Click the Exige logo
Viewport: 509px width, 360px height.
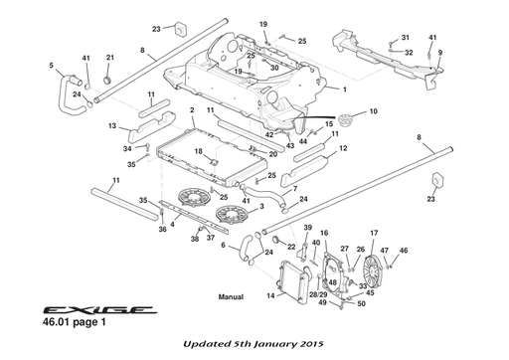tap(99, 310)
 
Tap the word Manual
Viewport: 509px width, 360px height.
tap(231, 297)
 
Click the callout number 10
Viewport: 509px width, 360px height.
tap(374, 111)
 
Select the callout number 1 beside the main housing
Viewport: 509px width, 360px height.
tap(345, 90)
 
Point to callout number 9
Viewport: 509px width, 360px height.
tap(440, 53)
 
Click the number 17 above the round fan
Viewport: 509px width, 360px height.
tap(374, 233)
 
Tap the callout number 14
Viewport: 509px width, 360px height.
tap(270, 295)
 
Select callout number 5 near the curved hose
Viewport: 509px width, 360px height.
tap(51, 66)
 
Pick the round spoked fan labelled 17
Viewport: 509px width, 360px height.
tap(372, 268)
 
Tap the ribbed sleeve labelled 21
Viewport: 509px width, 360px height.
tap(107, 81)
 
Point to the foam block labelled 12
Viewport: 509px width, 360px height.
tap(305, 171)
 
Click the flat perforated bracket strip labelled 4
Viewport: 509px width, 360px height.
tap(192, 216)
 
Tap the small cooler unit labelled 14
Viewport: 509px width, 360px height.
tap(294, 281)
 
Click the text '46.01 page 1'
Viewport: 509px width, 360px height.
tap(75, 322)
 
